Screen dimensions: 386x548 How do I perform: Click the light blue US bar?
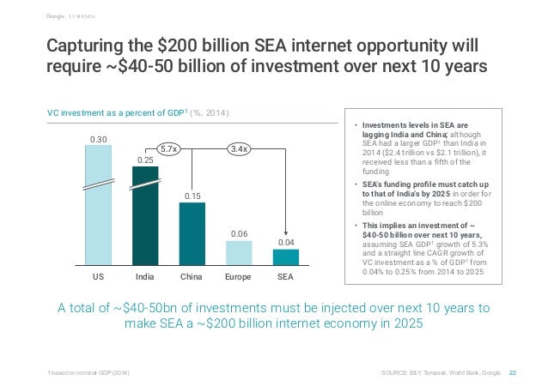click(98, 206)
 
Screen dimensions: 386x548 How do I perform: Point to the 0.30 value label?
click(98, 137)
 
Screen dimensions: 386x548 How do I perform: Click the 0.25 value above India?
click(145, 159)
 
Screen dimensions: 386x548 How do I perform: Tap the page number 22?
click(513, 372)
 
